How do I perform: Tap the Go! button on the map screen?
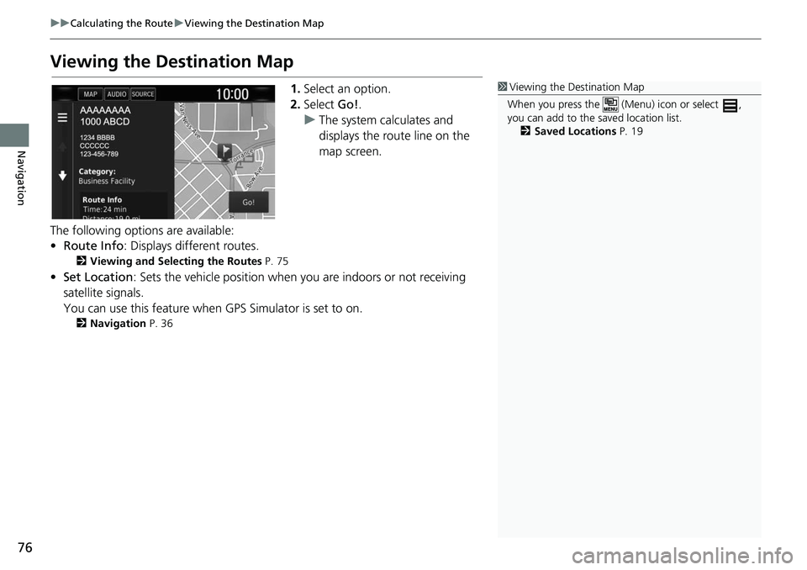[248, 203]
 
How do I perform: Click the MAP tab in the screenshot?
[90, 94]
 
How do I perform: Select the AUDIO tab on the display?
[116, 94]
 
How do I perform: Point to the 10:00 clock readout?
[232, 94]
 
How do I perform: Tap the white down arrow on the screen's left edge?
[62, 177]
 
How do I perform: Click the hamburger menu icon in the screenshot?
[62, 119]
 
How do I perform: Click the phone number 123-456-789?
[98, 154]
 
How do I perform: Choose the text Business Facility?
[106, 181]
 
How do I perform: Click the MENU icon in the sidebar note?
[609, 105]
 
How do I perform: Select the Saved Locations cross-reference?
[574, 131]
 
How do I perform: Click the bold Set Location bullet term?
[98, 277]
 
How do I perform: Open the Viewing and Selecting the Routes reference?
[175, 261]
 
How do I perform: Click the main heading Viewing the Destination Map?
[172, 62]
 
